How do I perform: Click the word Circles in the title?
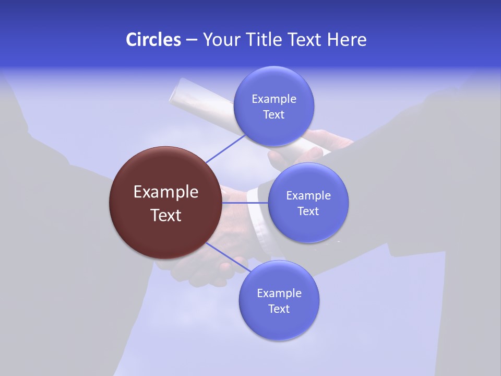[153, 39]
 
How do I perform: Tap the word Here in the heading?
[347, 39]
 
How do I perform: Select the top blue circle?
[273, 125]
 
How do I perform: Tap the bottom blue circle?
[279, 324]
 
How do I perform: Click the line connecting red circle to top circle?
[225, 148]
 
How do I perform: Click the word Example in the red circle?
[165, 192]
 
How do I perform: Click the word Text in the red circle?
[165, 215]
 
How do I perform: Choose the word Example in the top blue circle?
[273, 99]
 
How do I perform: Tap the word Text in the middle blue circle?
[308, 211]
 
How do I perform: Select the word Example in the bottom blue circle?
[279, 293]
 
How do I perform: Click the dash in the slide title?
[191, 39]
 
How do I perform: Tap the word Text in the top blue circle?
[273, 114]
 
